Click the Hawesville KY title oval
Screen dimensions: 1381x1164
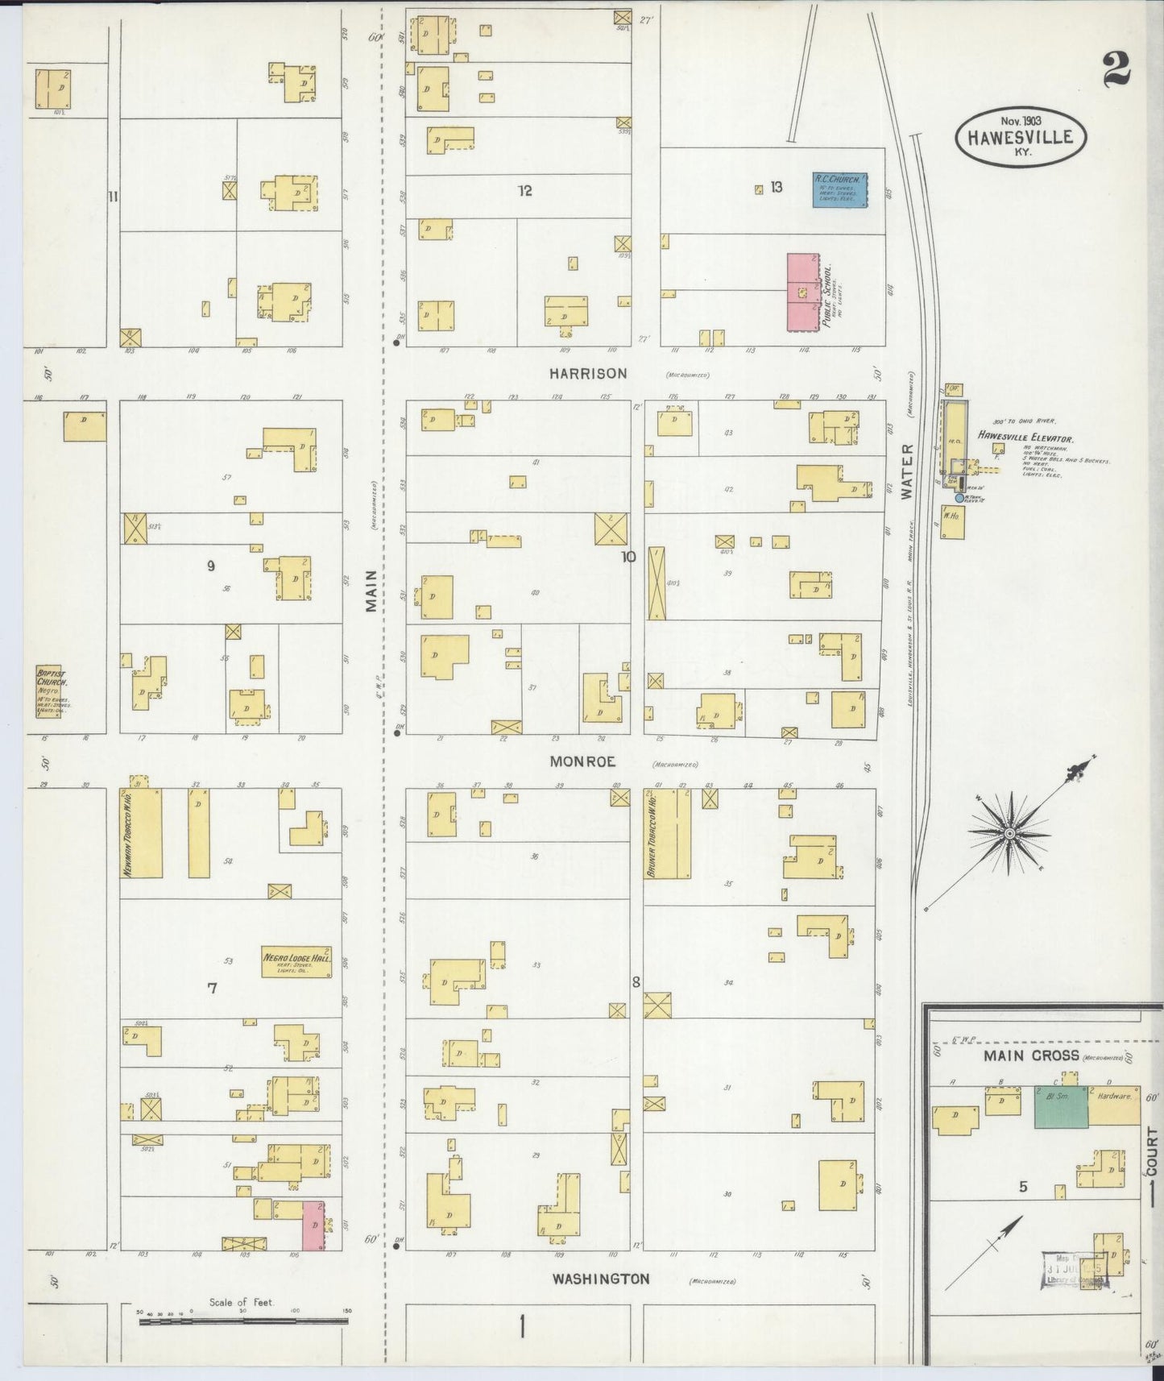1021,137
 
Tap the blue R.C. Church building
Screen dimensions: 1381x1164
839,190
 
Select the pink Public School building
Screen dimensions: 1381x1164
802,292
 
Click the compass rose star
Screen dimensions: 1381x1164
1009,831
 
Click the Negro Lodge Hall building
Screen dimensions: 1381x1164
296,960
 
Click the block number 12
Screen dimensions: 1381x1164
525,191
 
